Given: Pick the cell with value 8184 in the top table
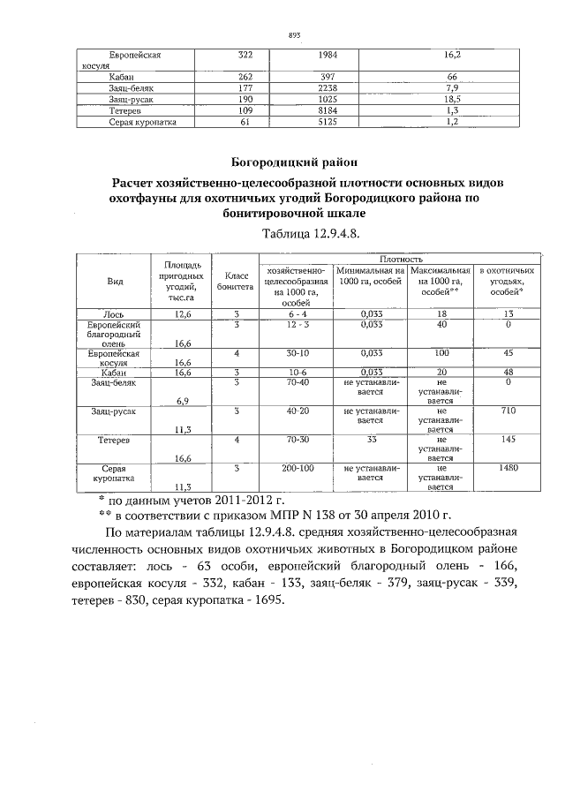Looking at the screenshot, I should tap(327, 112).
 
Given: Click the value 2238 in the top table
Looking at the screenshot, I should tap(327, 89).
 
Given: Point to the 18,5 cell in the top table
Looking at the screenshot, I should tap(451, 101).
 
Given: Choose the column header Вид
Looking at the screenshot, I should tap(115, 280).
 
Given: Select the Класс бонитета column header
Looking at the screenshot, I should tap(235, 281).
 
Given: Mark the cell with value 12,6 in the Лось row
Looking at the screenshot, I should tap(183, 313).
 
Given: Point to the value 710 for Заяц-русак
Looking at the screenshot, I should tap(508, 411).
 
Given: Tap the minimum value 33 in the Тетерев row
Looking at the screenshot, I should tap(371, 439).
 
